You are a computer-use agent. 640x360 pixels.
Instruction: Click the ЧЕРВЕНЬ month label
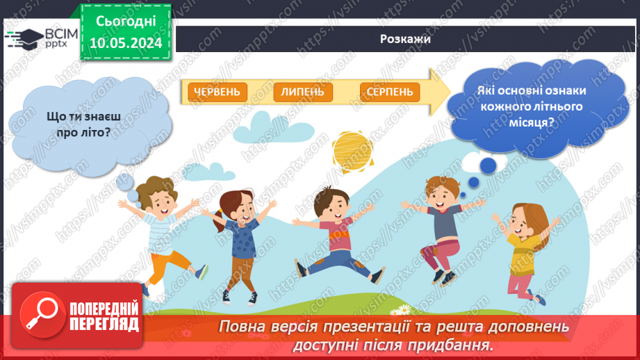(217, 92)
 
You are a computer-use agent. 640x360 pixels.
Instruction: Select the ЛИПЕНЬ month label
(303, 92)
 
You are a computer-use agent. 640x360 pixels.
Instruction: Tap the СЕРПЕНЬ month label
(389, 92)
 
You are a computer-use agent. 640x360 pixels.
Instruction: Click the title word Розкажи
(405, 39)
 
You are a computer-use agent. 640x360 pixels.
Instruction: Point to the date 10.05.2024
(125, 43)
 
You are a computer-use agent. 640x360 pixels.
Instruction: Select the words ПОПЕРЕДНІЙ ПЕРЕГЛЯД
(104, 317)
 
